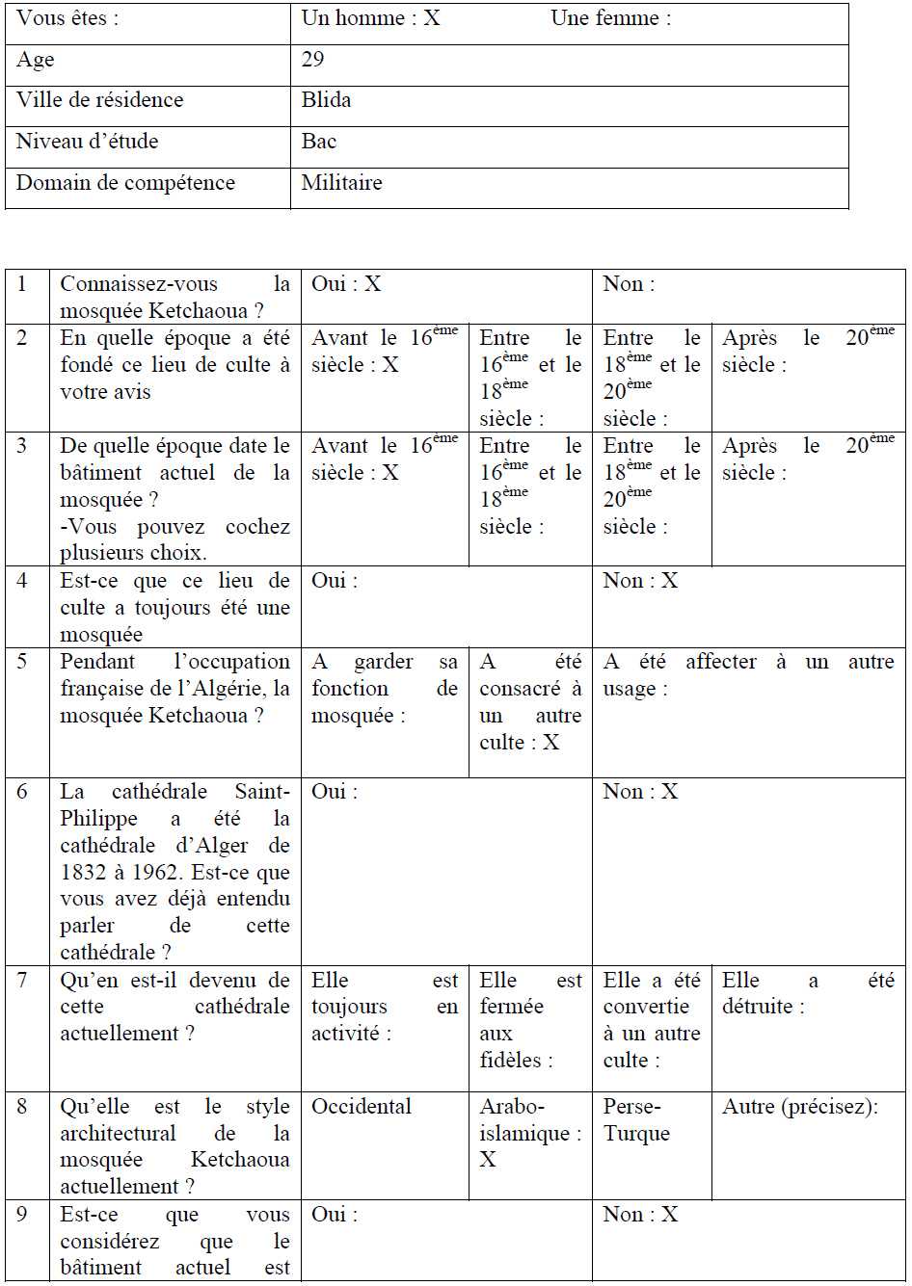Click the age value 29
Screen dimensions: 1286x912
pos(313,60)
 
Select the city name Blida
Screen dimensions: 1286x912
pos(326,100)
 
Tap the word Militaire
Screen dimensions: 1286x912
pos(341,183)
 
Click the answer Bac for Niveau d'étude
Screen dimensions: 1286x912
pos(319,142)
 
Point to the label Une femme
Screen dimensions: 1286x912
pos(610,18)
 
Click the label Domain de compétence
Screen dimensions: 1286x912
pos(125,183)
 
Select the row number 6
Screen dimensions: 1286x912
pos(22,792)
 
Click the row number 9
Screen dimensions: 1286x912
pos(22,1215)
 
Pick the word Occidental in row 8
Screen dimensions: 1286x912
pos(362,1107)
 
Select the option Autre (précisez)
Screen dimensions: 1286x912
pos(800,1107)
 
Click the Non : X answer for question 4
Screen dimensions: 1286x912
pos(641,581)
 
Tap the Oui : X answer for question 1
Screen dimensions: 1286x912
pos(347,284)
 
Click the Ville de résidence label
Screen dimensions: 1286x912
pos(99,100)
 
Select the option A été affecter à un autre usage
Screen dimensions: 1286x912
pos(748,675)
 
